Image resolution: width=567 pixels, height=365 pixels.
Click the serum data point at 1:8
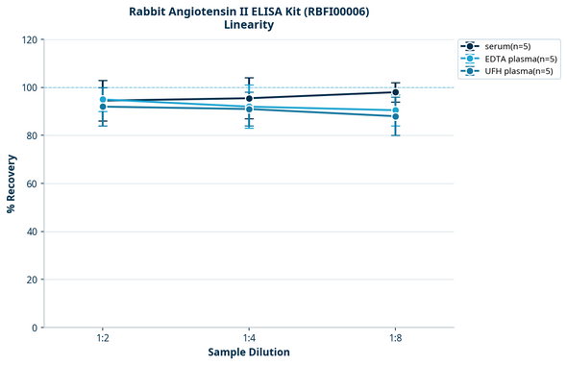[396, 92]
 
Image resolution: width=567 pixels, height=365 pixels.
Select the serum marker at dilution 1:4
[249, 98]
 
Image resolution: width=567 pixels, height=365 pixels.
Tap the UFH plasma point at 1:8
[396, 116]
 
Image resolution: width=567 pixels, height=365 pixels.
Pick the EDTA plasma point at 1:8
[396, 110]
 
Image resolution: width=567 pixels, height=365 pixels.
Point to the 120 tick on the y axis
[28, 39]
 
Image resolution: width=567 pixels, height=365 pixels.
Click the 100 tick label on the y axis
[28, 87]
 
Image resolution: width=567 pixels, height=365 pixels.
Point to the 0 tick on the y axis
[34, 328]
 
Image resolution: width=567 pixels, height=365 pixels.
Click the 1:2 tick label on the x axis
[102, 339]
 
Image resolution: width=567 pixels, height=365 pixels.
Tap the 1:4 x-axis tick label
[249, 339]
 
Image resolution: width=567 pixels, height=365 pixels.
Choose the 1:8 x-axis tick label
[396, 339]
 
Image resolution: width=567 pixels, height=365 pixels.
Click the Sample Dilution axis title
[249, 353]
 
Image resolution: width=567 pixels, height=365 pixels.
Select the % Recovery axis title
[12, 183]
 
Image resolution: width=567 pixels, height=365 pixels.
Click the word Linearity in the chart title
[249, 25]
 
